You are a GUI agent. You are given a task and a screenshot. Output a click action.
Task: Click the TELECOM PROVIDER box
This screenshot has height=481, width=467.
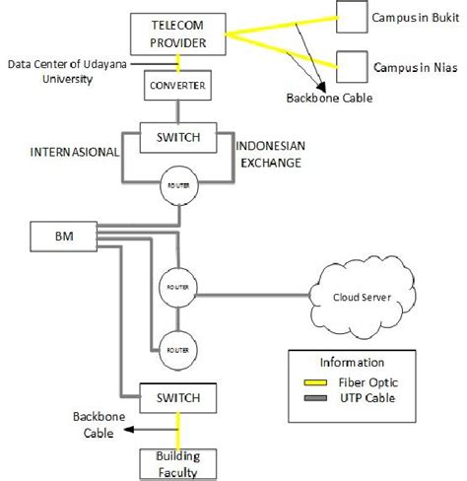point(177,35)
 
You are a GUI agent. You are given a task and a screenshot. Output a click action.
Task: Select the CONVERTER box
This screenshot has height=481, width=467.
point(177,87)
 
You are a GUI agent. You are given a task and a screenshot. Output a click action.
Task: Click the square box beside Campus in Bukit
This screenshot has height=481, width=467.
point(350,17)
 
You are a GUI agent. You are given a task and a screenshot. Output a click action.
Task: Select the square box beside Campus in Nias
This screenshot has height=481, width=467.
point(350,66)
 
